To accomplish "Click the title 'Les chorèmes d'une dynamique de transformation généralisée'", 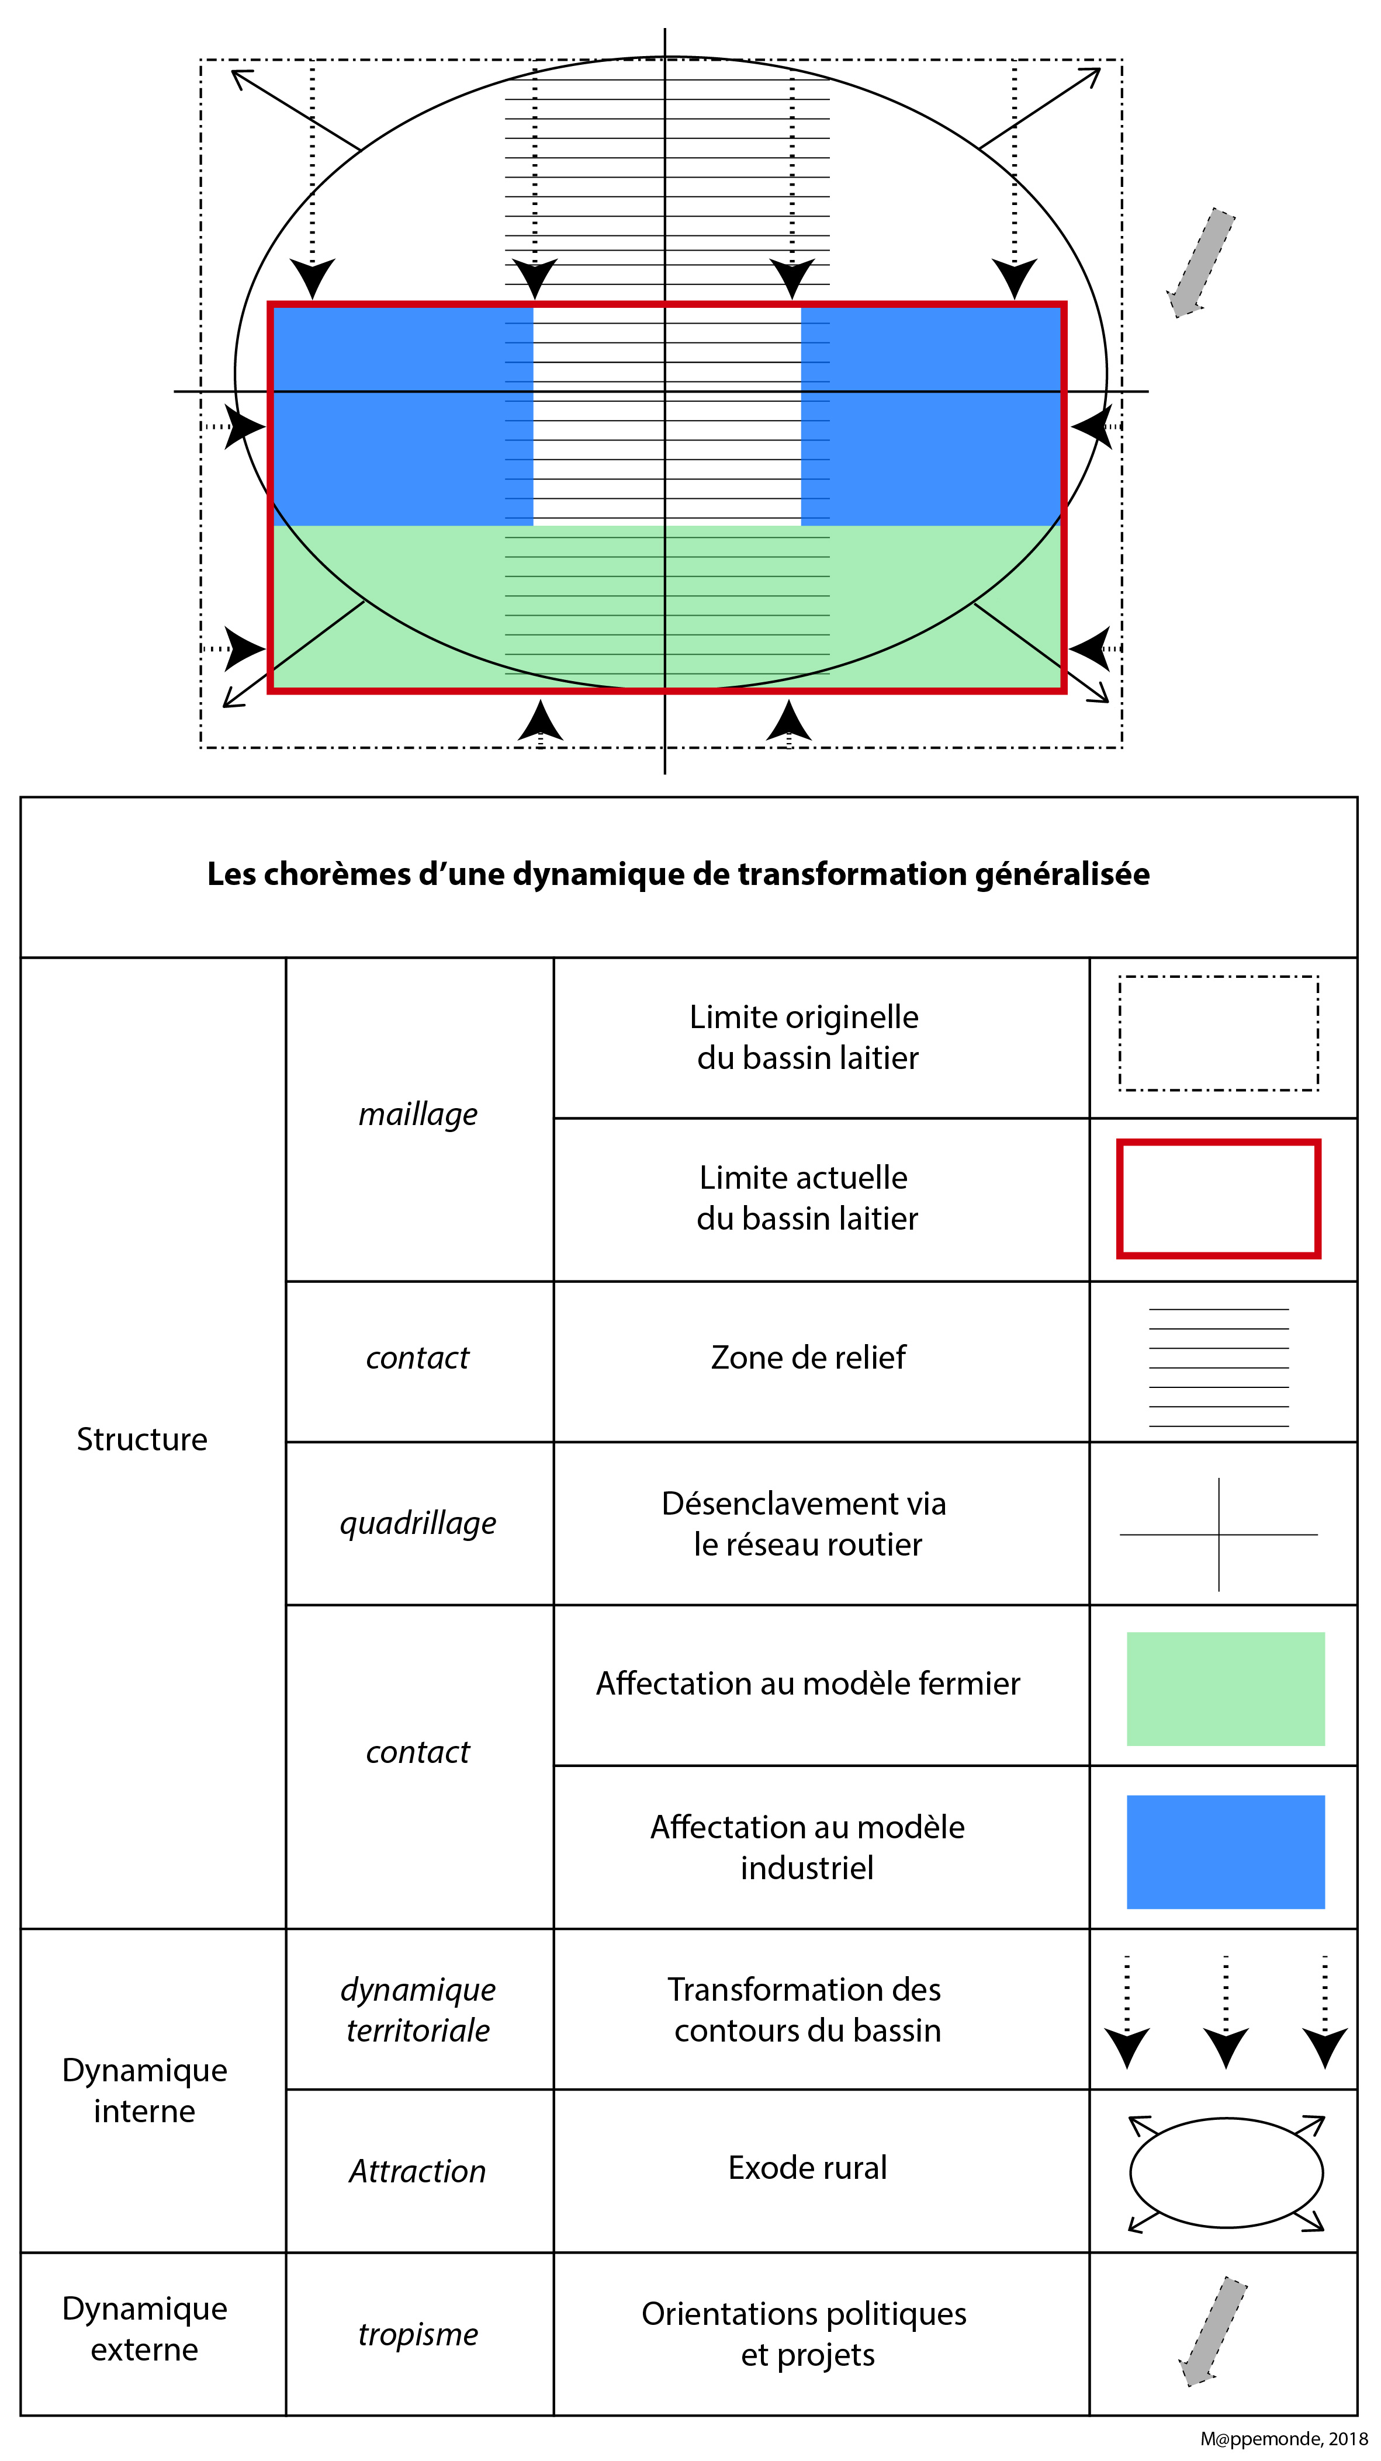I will pos(679,874).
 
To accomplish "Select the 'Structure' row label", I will pos(141,1439).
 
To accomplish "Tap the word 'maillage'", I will pos(418,1114).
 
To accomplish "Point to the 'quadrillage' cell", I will pos(418,1523).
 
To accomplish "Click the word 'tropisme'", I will pos(418,2334).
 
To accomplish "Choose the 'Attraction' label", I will pos(418,2171).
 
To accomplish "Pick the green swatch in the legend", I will pos(1225,1688).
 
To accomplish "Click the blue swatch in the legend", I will pos(1225,1852).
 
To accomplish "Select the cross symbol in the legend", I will pos(1219,1535).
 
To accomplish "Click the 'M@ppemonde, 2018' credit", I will pos(1283,2439).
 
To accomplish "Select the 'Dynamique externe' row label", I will pos(144,2328).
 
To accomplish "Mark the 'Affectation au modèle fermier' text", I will pos(808,1684).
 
